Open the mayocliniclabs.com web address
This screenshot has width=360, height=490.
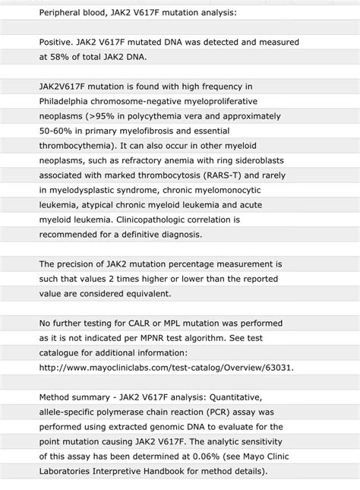tap(166, 367)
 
